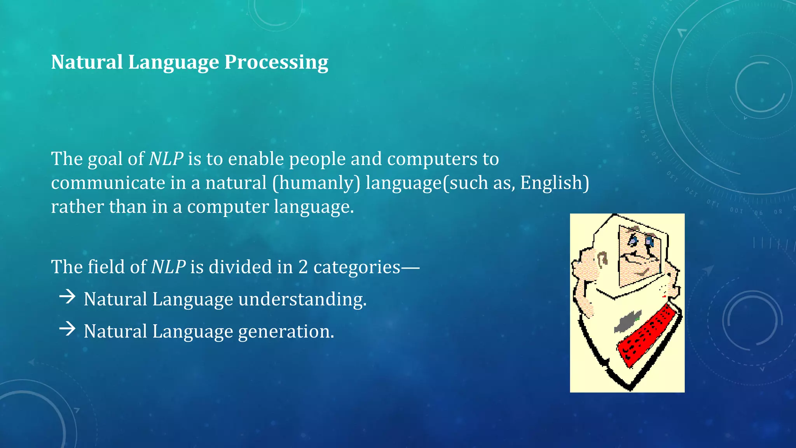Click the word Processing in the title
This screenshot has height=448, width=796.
[276, 62]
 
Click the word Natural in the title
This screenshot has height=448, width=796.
[87, 62]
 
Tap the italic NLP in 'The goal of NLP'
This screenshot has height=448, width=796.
[166, 159]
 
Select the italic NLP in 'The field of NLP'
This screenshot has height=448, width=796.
[168, 267]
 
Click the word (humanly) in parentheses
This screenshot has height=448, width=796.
[316, 183]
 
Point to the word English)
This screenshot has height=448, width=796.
[554, 183]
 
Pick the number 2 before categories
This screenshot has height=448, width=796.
[303, 267]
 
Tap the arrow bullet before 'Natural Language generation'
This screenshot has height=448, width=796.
[68, 329]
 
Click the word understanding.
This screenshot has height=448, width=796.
[302, 299]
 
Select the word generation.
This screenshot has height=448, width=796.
[286, 332]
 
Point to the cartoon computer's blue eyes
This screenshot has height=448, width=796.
[641, 241]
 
